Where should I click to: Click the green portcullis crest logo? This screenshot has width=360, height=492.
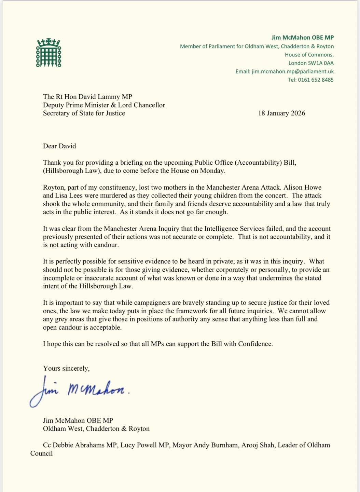49,53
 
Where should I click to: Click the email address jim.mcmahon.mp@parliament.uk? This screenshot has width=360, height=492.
293,71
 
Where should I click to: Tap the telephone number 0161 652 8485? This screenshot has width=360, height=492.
316,80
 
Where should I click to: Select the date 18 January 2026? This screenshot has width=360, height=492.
281,113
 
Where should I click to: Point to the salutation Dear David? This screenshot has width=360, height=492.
59,146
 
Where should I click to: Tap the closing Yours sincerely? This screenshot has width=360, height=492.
66,368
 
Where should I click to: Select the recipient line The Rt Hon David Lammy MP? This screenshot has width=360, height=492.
87,97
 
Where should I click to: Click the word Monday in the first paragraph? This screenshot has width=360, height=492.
214,171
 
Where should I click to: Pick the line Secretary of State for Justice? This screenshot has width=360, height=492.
84,113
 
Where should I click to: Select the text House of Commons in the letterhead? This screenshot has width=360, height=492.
309,55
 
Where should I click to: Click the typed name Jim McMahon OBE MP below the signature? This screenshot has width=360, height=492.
78,420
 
